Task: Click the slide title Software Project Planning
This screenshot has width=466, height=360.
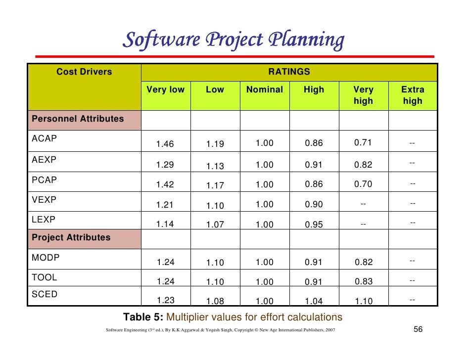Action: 233,41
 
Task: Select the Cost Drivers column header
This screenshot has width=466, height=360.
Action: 84,72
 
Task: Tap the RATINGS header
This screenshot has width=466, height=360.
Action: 289,72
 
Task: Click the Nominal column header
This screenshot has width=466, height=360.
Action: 264,90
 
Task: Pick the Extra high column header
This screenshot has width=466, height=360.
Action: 412,95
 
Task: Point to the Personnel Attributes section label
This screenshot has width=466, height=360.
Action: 78,119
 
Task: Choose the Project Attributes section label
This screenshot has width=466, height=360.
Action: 71,237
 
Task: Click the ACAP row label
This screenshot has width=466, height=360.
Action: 44,138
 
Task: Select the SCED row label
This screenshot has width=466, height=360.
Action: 45,294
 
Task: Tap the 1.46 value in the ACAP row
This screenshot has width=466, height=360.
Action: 165,144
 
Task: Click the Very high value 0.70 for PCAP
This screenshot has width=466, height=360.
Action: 363,184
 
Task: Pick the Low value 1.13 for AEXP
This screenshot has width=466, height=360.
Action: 215,167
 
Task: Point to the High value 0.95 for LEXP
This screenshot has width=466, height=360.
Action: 314,225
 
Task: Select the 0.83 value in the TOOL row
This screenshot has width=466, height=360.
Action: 364,281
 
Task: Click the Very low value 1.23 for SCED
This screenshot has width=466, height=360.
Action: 165,300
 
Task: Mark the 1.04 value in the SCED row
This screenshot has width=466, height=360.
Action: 314,301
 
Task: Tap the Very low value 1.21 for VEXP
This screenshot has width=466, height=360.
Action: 165,205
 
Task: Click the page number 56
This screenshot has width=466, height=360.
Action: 418,329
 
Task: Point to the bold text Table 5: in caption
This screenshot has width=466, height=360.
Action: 144,317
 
